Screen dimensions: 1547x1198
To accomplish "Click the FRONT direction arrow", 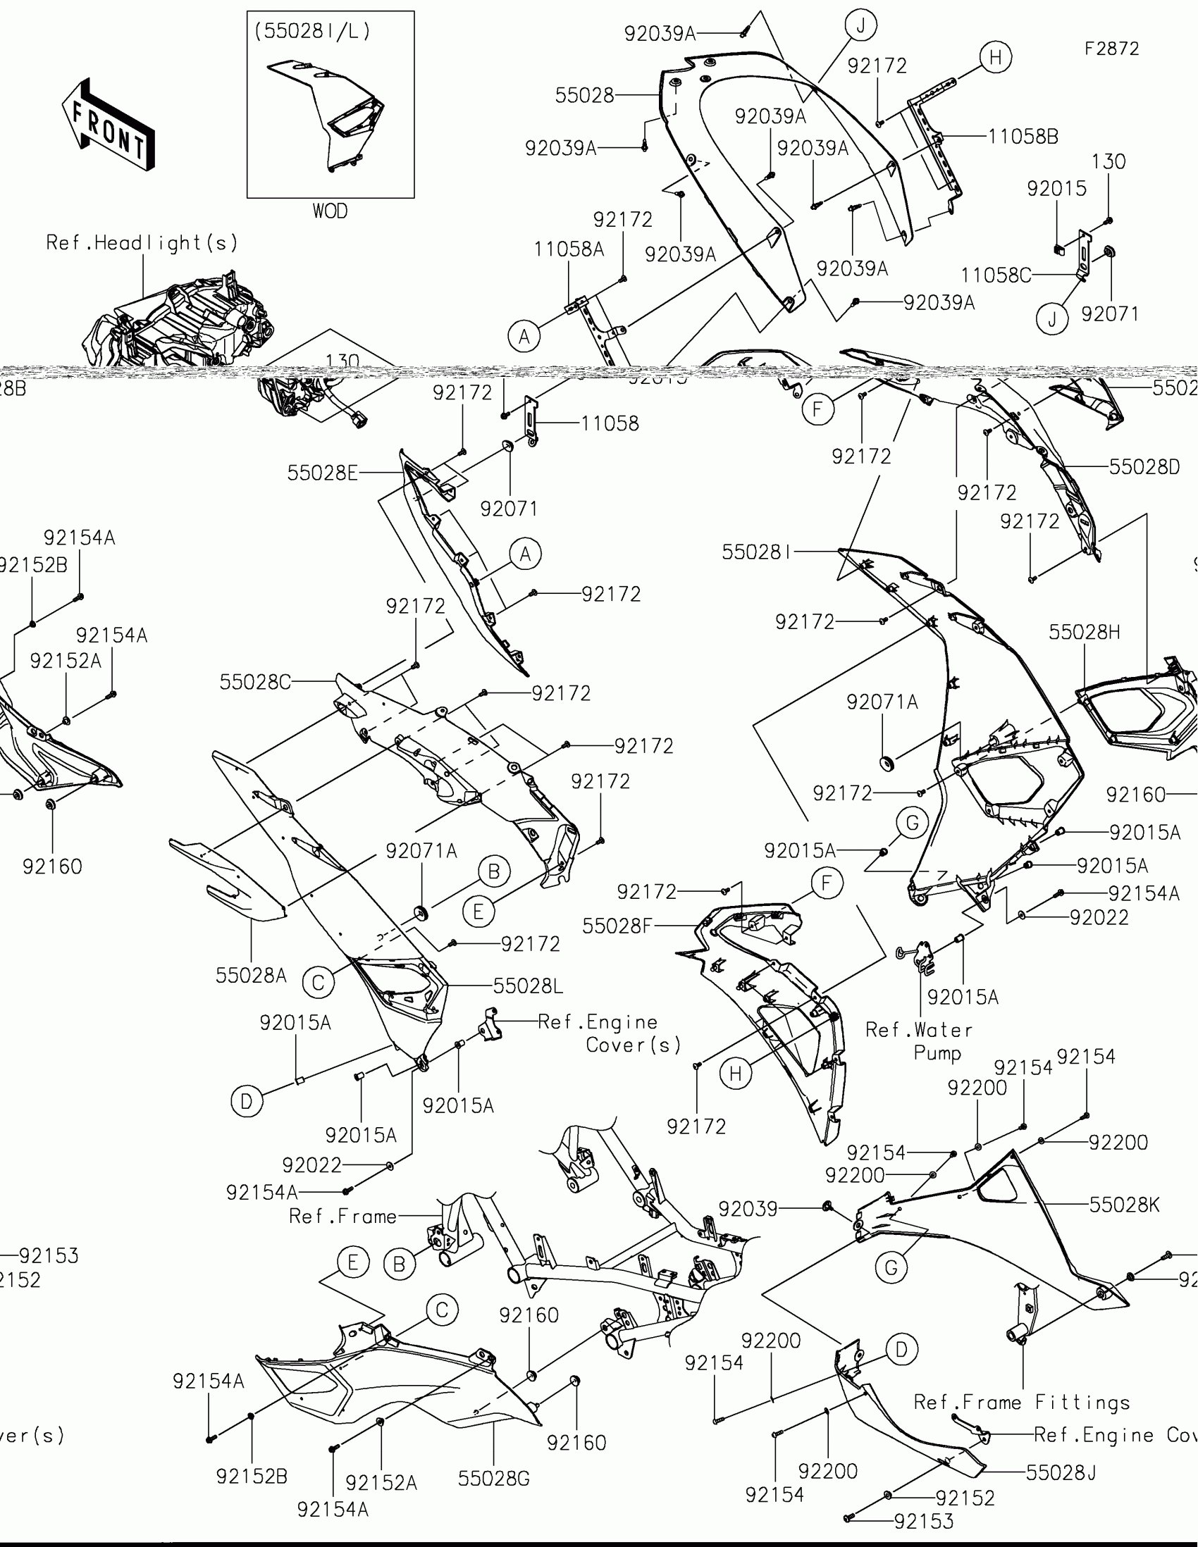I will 109,125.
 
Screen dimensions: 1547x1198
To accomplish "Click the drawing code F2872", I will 1111,49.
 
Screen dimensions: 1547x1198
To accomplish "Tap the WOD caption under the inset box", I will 330,211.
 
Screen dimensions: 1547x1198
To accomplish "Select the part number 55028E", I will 322,473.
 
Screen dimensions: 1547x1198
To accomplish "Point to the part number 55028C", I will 255,682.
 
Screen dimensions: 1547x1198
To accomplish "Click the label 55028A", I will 251,976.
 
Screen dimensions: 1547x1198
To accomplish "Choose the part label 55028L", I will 528,986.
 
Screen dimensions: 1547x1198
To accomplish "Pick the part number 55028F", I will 617,926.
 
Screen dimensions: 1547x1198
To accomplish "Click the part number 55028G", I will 494,1478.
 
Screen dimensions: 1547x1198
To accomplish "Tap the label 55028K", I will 1124,1204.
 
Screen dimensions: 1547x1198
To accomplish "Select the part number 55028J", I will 1061,1472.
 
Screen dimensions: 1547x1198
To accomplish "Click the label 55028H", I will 1085,632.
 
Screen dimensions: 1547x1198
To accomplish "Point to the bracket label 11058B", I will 1023,136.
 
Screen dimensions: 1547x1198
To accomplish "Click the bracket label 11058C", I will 995,275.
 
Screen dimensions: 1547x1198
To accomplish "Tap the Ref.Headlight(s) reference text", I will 142,243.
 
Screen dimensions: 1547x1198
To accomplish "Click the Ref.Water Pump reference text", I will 920,1040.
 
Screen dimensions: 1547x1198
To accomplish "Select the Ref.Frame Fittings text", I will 1022,1402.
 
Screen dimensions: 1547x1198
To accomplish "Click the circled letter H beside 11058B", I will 995,57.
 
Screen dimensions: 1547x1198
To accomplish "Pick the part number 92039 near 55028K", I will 748,1208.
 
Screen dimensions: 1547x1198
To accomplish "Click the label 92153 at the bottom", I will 924,1521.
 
